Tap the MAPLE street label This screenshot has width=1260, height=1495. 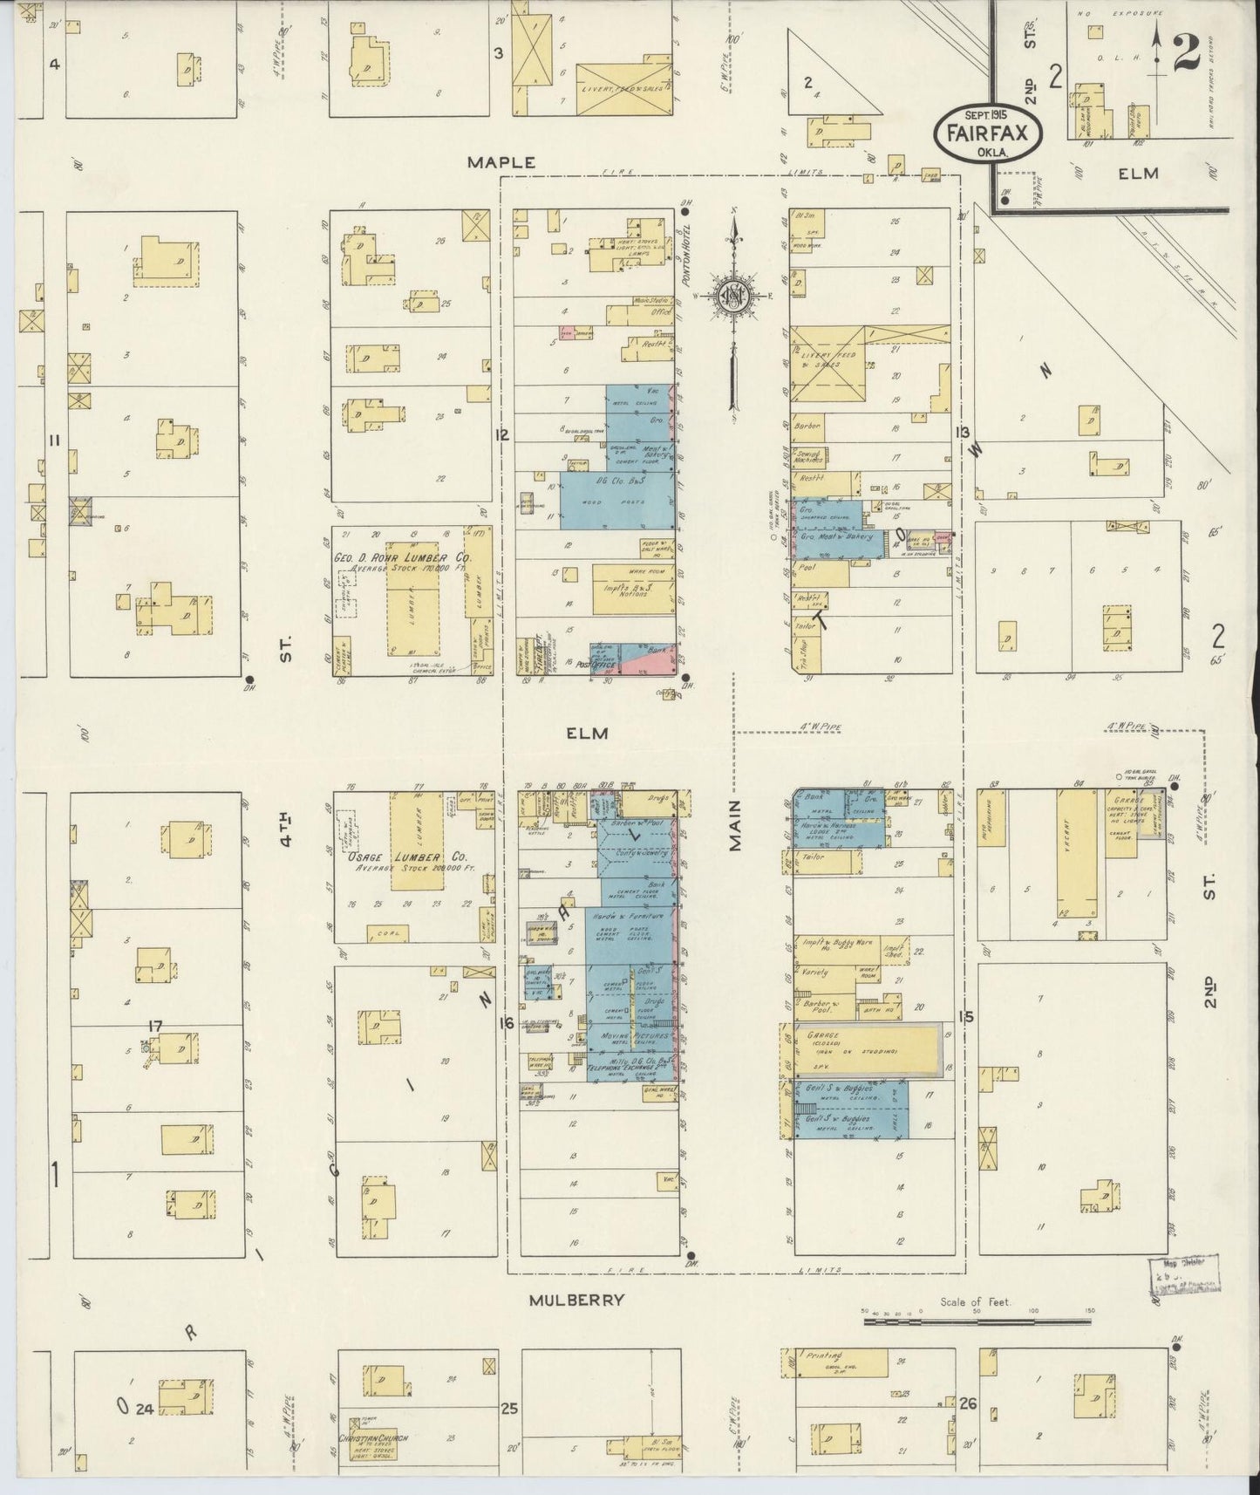pos(500,162)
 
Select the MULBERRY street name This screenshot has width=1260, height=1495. pos(577,1300)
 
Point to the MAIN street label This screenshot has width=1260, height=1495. pos(733,824)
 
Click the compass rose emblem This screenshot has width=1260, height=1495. pos(733,296)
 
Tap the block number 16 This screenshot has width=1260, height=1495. pos(507,1023)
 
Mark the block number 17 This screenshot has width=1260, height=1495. pos(155,1026)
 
